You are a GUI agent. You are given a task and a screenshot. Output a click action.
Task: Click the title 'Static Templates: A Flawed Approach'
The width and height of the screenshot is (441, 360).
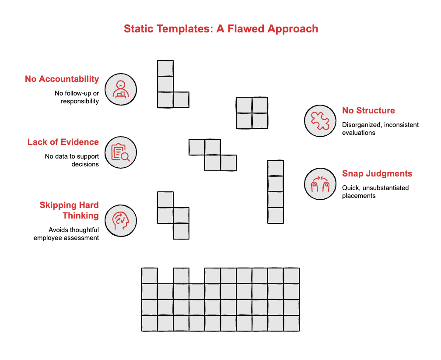(220, 29)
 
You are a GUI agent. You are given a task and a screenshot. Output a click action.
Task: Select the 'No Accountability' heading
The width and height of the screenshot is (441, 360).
(62, 79)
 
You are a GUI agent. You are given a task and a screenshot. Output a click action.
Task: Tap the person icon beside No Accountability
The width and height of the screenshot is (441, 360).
(121, 89)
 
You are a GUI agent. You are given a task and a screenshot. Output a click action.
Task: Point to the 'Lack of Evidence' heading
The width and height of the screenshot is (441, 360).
(63, 142)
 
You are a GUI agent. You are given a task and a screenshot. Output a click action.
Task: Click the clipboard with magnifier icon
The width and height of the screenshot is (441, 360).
(121, 152)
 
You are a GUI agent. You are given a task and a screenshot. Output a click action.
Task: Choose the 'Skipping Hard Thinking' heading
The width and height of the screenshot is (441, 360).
(69, 210)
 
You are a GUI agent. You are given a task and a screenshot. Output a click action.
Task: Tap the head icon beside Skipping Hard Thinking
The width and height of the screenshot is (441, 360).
(121, 221)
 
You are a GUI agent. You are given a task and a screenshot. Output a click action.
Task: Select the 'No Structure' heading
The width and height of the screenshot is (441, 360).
(368, 110)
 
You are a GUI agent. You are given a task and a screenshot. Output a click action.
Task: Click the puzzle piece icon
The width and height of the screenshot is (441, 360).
(320, 121)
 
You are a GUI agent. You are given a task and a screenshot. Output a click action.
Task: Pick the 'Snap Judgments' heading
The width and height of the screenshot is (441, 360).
(377, 173)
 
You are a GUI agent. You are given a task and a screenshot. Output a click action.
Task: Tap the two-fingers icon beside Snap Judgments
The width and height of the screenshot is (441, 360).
(320, 184)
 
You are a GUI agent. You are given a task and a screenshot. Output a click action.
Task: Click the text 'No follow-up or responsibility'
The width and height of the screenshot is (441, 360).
(77, 97)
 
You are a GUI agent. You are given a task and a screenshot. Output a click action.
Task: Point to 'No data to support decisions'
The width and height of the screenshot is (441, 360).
(72, 160)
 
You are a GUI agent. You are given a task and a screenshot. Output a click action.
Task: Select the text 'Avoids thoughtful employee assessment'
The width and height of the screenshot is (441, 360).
(66, 234)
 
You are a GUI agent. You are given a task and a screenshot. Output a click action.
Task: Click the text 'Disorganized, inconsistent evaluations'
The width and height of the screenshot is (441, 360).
(380, 129)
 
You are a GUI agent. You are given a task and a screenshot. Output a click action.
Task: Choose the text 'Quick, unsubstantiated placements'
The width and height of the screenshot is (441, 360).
(375, 192)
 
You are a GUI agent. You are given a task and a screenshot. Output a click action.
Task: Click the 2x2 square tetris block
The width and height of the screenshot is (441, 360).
(252, 113)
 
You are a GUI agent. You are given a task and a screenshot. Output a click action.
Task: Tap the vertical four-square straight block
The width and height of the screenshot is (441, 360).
(276, 192)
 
